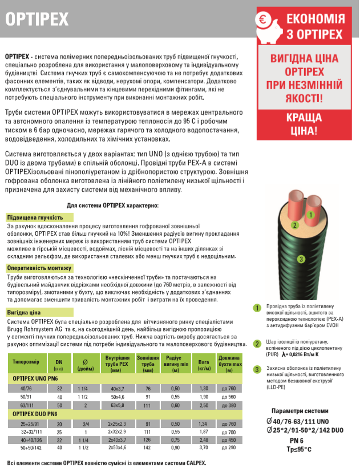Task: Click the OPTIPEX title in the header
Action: [x=37, y=18]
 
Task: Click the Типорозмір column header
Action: [x=26, y=362]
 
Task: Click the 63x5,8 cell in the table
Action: [x=118, y=405]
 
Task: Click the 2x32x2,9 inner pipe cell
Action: [x=118, y=432]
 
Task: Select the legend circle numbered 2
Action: [x=257, y=344]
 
